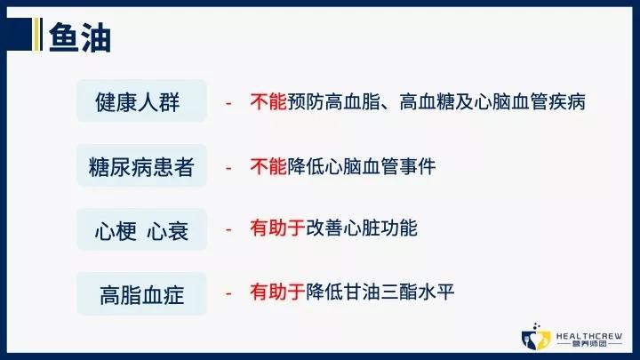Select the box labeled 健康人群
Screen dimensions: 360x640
coord(141,102)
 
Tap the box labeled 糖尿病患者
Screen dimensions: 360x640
coord(141,166)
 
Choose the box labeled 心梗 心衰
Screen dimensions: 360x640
coord(141,230)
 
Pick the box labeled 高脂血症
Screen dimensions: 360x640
coord(141,294)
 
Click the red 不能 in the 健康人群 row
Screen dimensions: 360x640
coord(269,102)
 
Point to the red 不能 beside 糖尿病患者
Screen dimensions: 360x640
coord(269,165)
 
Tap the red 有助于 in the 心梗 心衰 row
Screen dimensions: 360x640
coord(278,228)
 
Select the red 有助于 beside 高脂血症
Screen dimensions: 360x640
coord(278,291)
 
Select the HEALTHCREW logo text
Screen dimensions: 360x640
coord(588,332)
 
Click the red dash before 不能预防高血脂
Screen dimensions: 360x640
coord(229,103)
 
